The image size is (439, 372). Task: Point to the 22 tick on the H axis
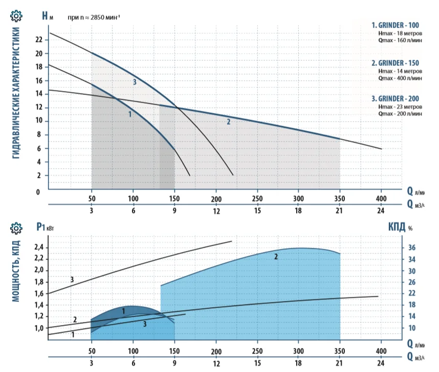pos(39,39)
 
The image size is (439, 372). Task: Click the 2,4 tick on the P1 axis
pos(39,248)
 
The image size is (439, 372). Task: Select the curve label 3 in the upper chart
pos(135,82)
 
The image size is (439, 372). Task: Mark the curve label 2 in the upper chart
pos(229,122)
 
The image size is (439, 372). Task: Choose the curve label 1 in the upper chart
pos(130,114)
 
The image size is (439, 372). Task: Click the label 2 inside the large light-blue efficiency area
pos(276,257)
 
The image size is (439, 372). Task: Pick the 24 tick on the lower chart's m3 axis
pos(381,363)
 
